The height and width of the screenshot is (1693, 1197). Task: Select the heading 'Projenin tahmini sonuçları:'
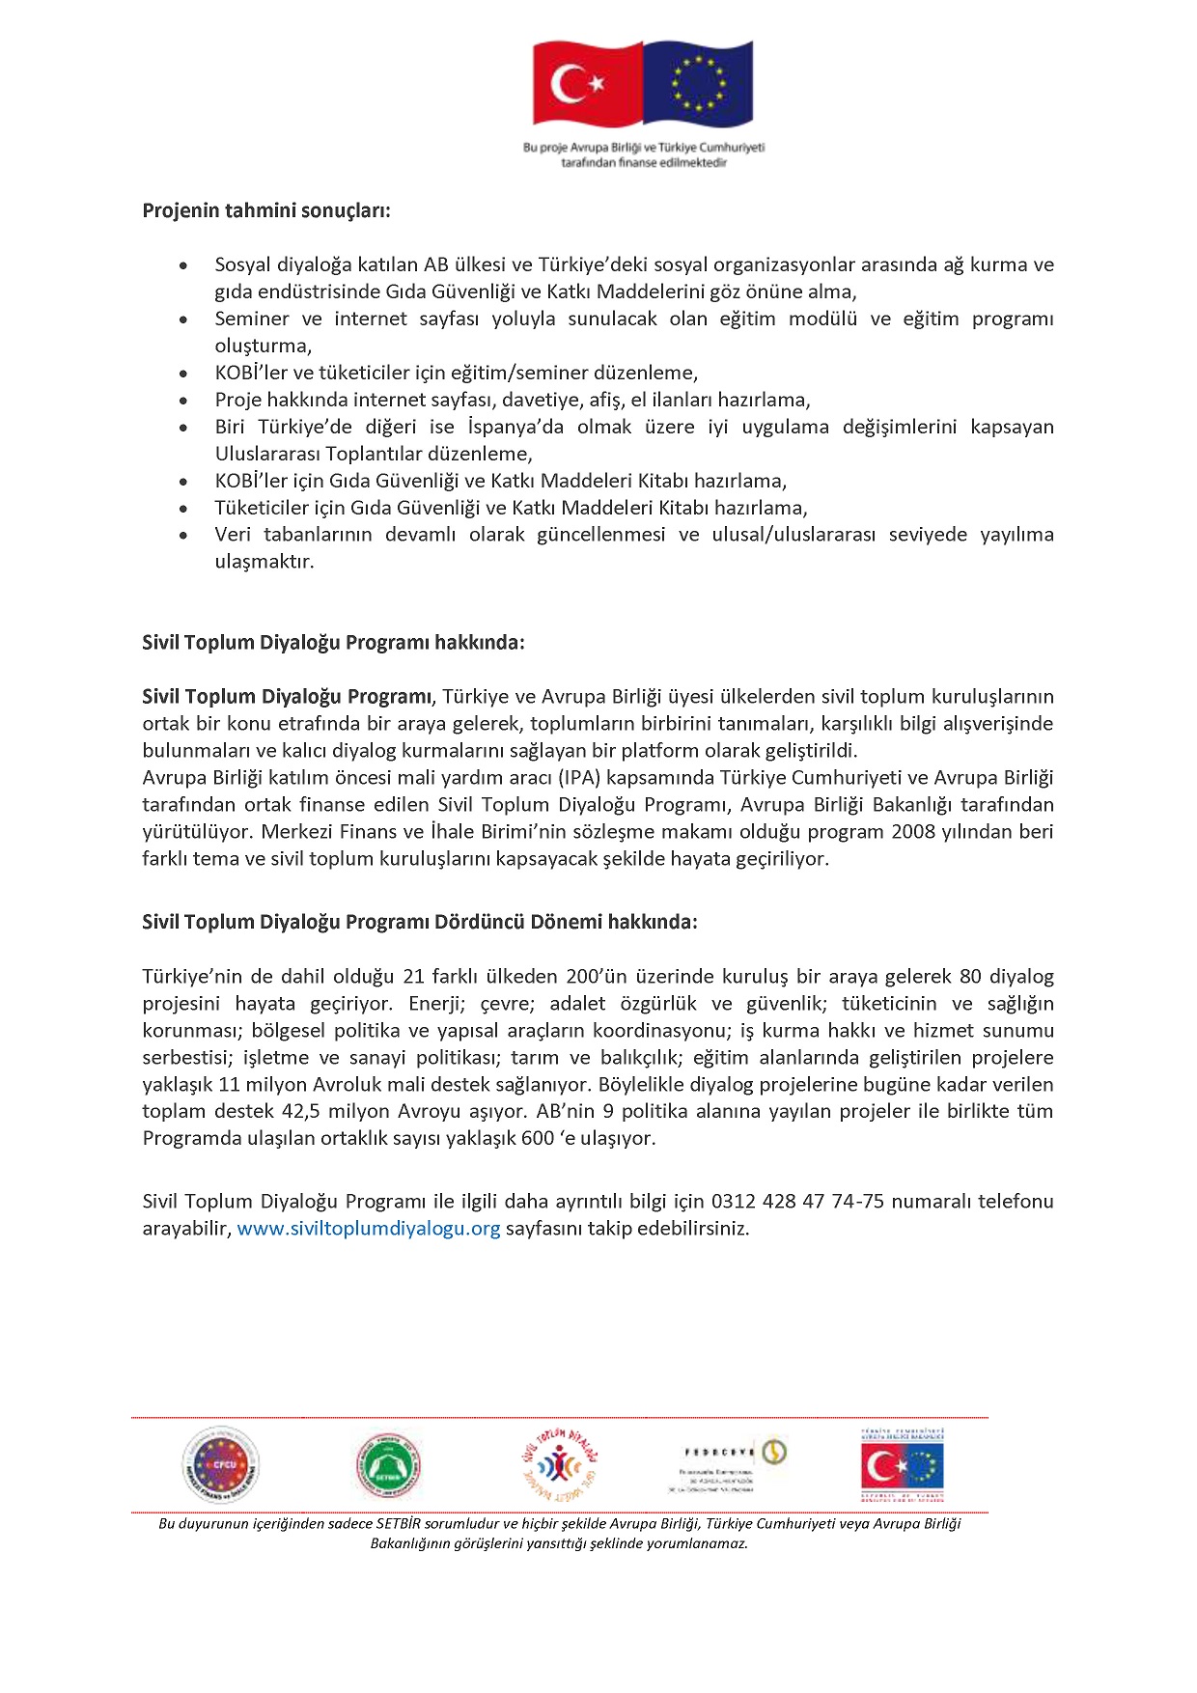266,210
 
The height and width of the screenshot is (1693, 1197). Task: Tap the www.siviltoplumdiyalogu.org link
369,1229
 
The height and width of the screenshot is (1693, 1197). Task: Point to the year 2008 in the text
913,832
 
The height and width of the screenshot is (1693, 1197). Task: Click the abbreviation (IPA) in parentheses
579,778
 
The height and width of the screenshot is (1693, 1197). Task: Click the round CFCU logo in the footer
221,1465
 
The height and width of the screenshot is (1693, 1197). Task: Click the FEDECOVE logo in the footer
734,1465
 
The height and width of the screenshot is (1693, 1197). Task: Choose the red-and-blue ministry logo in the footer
902,1466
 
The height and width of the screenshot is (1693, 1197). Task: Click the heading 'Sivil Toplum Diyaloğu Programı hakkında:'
333,643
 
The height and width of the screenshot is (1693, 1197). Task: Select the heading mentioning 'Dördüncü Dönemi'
419,922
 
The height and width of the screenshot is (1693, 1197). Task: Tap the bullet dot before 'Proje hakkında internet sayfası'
183,401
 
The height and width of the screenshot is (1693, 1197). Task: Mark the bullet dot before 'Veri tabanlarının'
183,536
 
